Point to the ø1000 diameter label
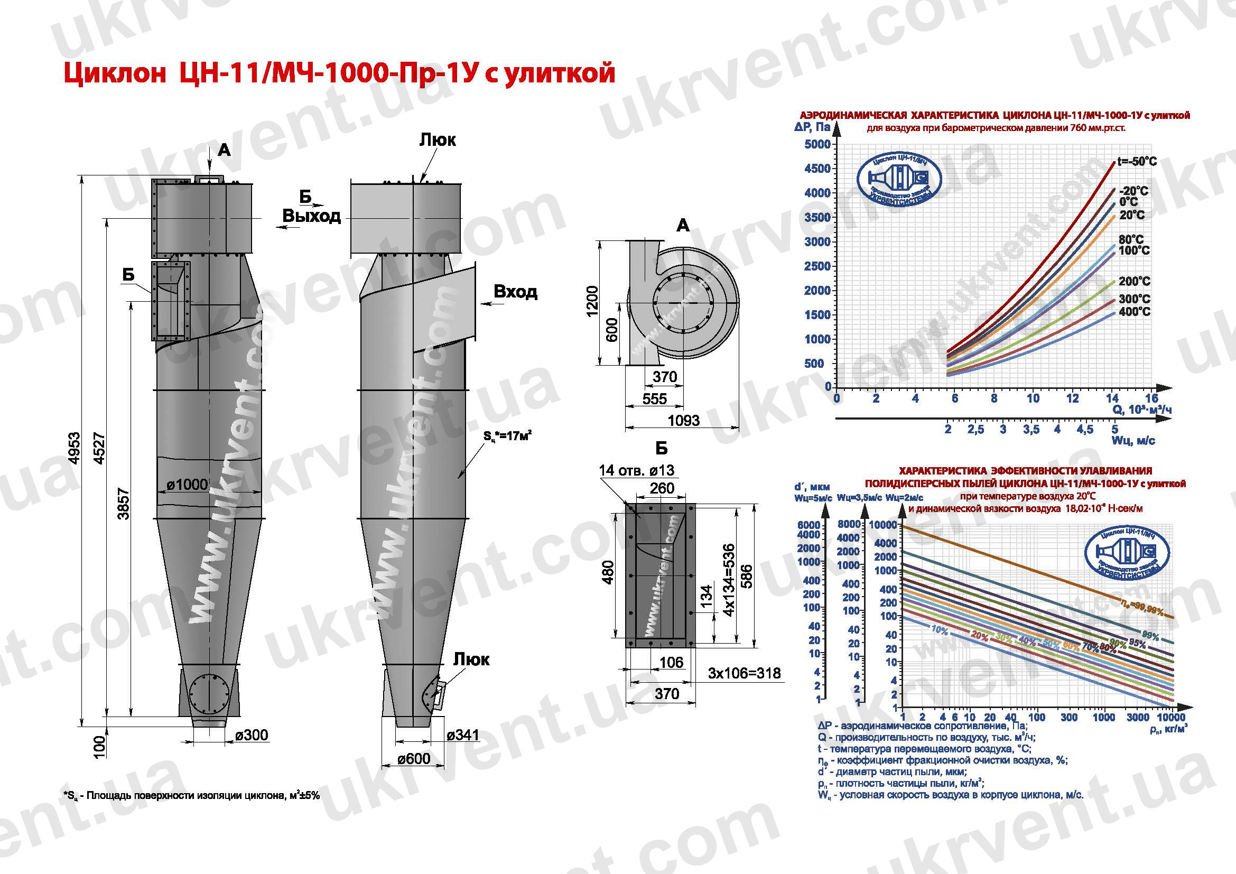click(x=187, y=485)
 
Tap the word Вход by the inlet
click(x=515, y=292)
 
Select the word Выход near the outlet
click(x=312, y=216)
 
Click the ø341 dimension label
click(x=462, y=734)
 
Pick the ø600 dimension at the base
click(x=413, y=758)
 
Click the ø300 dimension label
click(x=252, y=734)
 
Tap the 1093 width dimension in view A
click(x=683, y=420)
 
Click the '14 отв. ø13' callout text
click(x=636, y=471)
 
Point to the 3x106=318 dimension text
click(x=744, y=673)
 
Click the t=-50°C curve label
click(x=1137, y=162)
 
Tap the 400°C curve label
click(x=1133, y=312)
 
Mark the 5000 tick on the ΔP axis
click(x=817, y=144)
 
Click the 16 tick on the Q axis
click(x=1150, y=398)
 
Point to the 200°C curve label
click(x=1133, y=282)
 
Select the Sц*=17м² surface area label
click(x=508, y=436)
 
